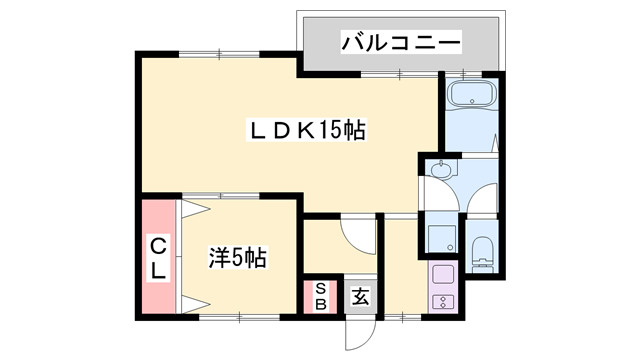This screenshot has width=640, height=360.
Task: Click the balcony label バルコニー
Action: click(x=401, y=43)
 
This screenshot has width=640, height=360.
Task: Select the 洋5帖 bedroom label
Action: click(x=237, y=257)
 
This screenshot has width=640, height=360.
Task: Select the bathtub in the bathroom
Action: click(x=470, y=97)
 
